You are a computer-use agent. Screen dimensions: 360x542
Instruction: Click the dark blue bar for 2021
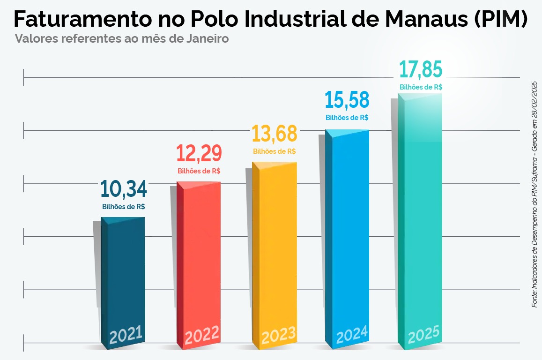tap(123, 277)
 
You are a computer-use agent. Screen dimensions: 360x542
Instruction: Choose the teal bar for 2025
tap(420, 211)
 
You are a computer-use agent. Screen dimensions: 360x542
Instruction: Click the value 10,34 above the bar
tap(124, 189)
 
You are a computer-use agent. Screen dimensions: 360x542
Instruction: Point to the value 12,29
tap(199, 154)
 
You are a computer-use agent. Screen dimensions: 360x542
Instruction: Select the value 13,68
tap(275, 134)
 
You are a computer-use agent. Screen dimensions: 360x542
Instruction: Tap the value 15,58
tap(347, 100)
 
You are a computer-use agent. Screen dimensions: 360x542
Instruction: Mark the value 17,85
tap(421, 69)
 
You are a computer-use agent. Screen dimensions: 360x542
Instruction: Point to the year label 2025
tap(423, 335)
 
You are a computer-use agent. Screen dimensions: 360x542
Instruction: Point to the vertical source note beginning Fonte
tap(534, 194)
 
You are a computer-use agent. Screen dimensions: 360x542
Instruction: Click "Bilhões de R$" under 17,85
tap(421, 87)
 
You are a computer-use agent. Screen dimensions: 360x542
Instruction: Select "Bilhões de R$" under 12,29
tap(199, 171)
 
